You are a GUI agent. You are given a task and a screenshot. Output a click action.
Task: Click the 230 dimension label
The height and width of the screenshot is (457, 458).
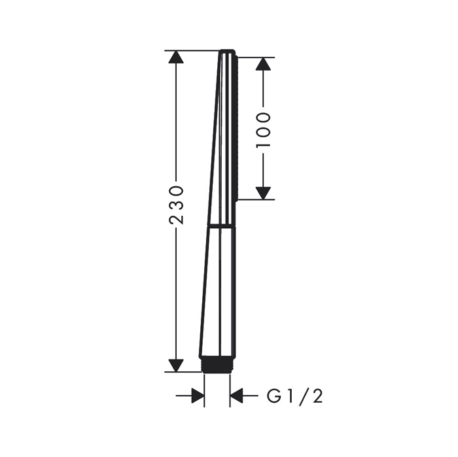pyautogui.click(x=177, y=204)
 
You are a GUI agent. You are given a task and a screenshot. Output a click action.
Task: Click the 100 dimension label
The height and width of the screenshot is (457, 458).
pyautogui.click(x=263, y=130)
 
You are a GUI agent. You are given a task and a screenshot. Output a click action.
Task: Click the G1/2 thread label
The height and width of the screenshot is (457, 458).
pyautogui.click(x=294, y=396)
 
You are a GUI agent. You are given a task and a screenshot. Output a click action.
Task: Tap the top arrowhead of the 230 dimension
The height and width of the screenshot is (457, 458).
pyautogui.click(x=176, y=57)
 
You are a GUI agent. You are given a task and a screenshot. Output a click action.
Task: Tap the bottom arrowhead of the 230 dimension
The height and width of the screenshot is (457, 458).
pyautogui.click(x=176, y=365)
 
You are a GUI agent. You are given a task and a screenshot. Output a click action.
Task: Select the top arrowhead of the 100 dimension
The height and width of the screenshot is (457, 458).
pyautogui.click(x=263, y=64)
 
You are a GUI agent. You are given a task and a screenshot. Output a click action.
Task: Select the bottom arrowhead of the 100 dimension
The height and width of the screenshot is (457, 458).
pyautogui.click(x=263, y=194)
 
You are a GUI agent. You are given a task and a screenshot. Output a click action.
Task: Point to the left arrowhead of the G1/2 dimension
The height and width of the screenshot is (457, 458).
pyautogui.click(x=198, y=396)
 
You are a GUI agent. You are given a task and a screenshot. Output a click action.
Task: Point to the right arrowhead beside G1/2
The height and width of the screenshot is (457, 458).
pyautogui.click(x=236, y=396)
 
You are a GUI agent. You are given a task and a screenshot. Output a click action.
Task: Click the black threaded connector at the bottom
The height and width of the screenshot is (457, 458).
pyautogui.click(x=217, y=365)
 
